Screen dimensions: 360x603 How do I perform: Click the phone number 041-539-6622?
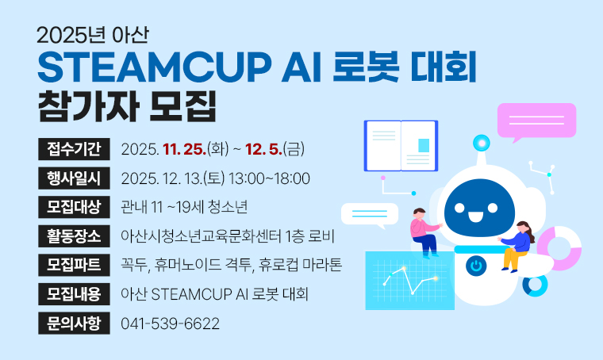[x=170, y=324]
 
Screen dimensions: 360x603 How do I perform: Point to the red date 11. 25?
[x=184, y=148]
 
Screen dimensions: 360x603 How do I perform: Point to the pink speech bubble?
[x=536, y=121]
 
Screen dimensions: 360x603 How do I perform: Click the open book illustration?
[x=401, y=146]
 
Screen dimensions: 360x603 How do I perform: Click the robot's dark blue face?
[x=479, y=214]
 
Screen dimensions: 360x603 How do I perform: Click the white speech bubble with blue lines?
[x=369, y=214]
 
